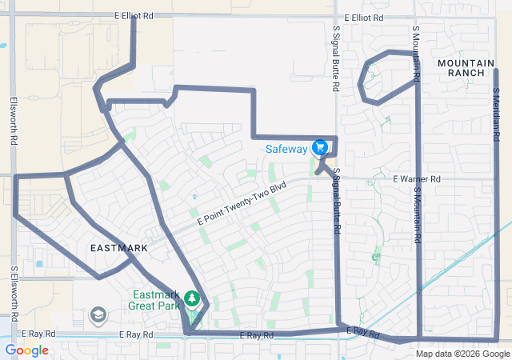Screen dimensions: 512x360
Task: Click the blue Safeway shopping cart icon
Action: (320, 147)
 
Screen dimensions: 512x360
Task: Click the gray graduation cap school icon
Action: (98, 315)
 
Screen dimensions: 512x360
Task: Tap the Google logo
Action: (26, 350)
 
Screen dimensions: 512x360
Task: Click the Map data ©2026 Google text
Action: (462, 354)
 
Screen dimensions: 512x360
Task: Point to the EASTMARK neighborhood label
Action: (118, 248)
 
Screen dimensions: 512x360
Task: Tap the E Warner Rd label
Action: (416, 179)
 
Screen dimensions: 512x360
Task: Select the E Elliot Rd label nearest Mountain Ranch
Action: (364, 17)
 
